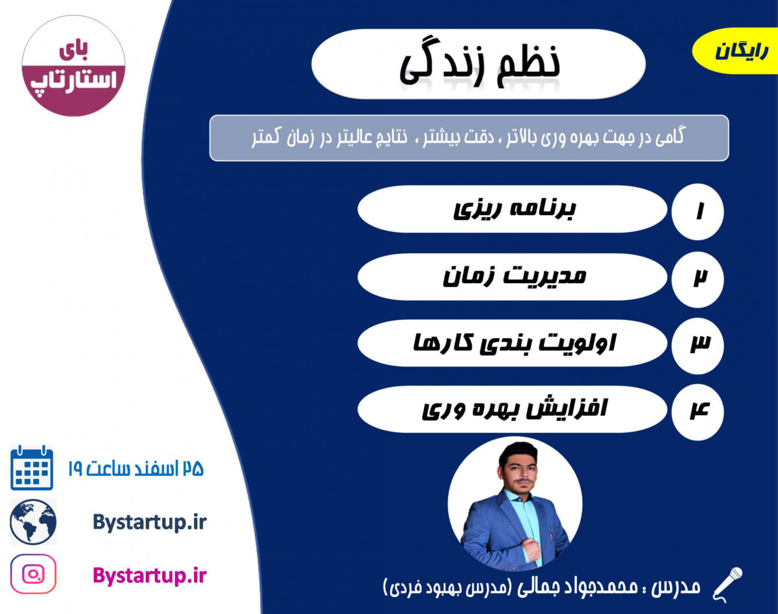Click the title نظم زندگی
tap(478, 63)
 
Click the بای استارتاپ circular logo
tap(73, 66)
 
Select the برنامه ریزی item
tap(512, 209)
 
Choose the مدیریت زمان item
tap(512, 277)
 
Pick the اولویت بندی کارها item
tap(512, 343)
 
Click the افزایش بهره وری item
tap(512, 409)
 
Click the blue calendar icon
tap(32, 468)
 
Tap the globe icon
tap(33, 522)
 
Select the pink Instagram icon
tap(33, 574)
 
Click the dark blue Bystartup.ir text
tap(149, 522)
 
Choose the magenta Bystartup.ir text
tap(149, 574)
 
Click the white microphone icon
tap(727, 582)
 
